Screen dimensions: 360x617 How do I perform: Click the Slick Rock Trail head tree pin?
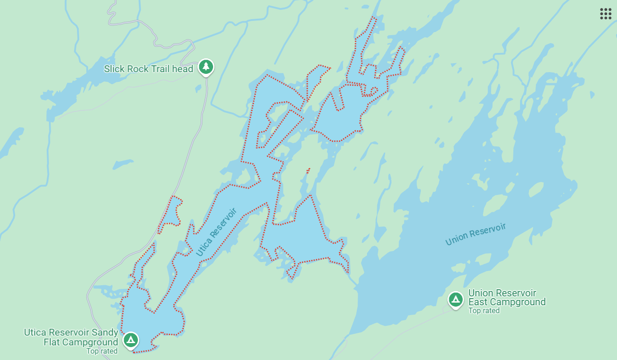(x=206, y=67)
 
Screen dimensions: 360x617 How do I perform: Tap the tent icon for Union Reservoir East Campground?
(x=455, y=299)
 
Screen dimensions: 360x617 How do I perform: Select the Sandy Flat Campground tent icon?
(x=130, y=340)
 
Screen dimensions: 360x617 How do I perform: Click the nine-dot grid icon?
(x=605, y=14)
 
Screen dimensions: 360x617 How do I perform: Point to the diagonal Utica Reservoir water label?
(x=217, y=231)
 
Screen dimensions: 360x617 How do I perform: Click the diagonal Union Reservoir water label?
(x=476, y=234)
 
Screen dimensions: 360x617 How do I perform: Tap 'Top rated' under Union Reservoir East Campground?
(x=484, y=311)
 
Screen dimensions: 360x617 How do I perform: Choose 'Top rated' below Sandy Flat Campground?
(x=102, y=351)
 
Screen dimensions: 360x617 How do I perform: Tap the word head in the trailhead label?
(x=184, y=69)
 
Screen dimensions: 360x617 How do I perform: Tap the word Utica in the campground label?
(x=34, y=332)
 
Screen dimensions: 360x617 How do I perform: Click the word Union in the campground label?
(x=480, y=293)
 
